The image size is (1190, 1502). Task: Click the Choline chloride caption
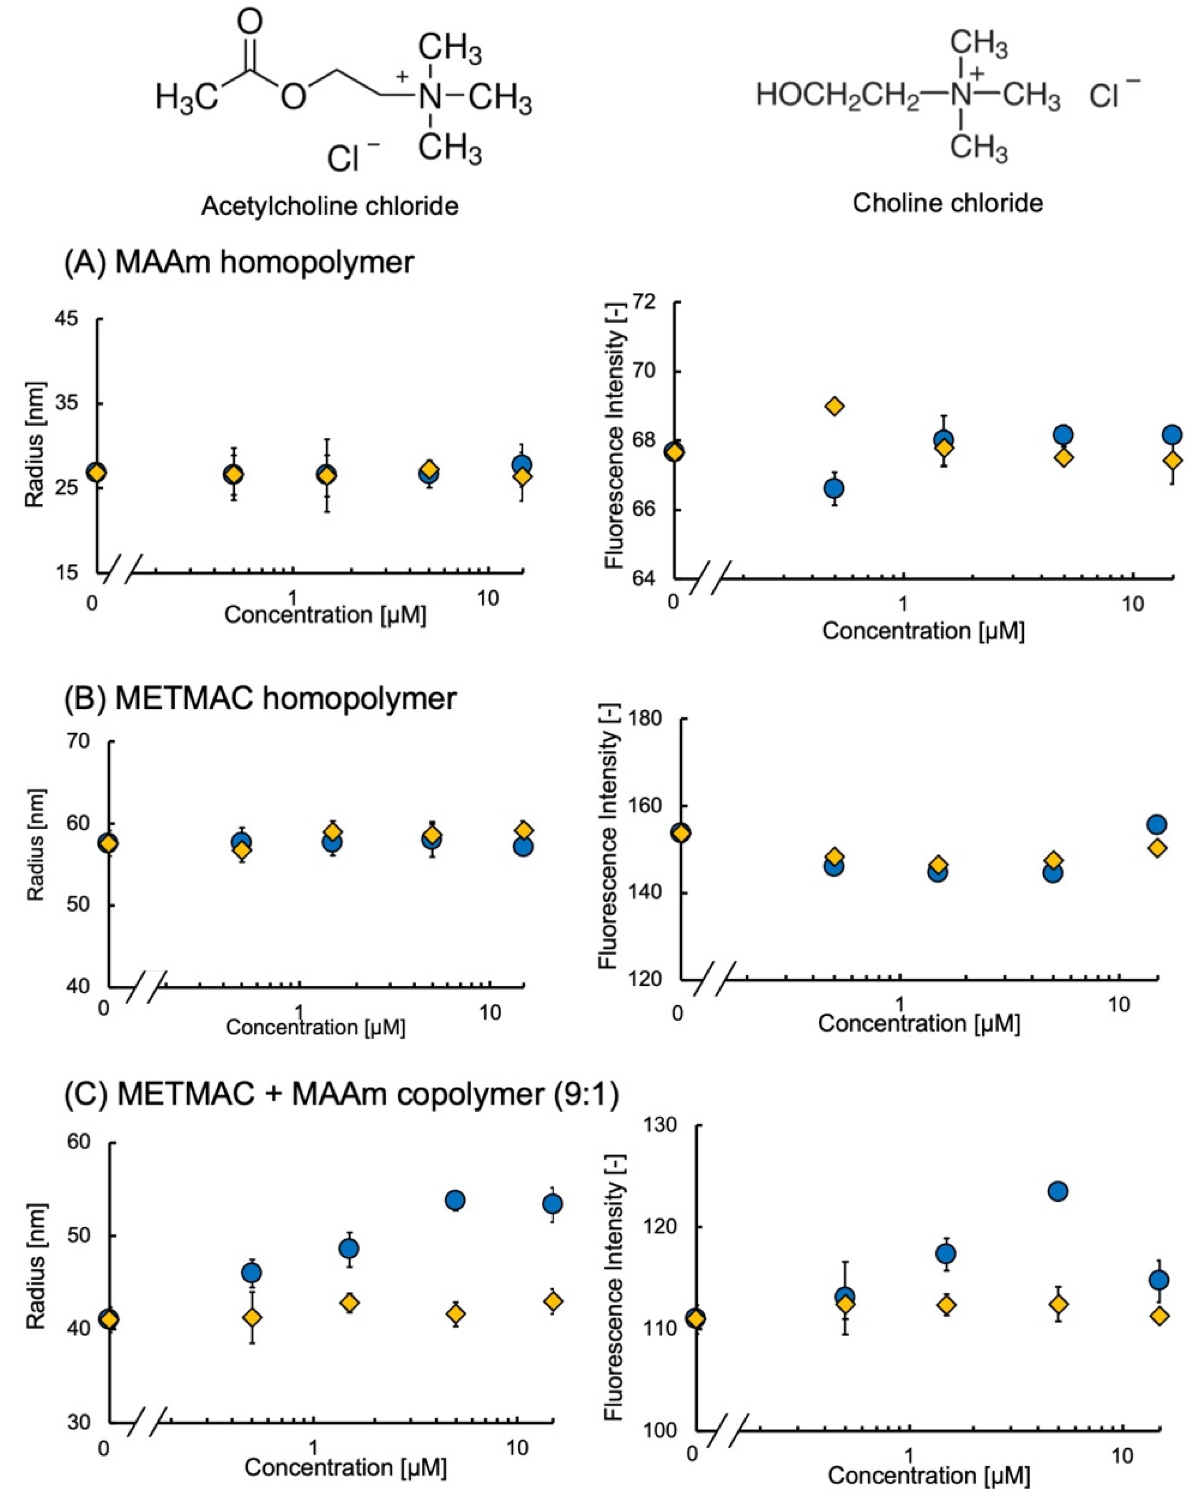tap(947, 203)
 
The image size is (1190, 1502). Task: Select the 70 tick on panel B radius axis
tap(80, 741)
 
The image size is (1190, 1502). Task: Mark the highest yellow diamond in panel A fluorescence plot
tap(834, 406)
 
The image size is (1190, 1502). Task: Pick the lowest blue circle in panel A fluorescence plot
tap(833, 488)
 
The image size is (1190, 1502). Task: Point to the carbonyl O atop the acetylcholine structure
tap(250, 22)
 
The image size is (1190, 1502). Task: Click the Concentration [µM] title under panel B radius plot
tap(316, 1027)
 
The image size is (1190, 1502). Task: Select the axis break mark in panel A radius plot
tap(123, 568)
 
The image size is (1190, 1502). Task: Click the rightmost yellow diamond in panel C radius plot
tap(554, 1301)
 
